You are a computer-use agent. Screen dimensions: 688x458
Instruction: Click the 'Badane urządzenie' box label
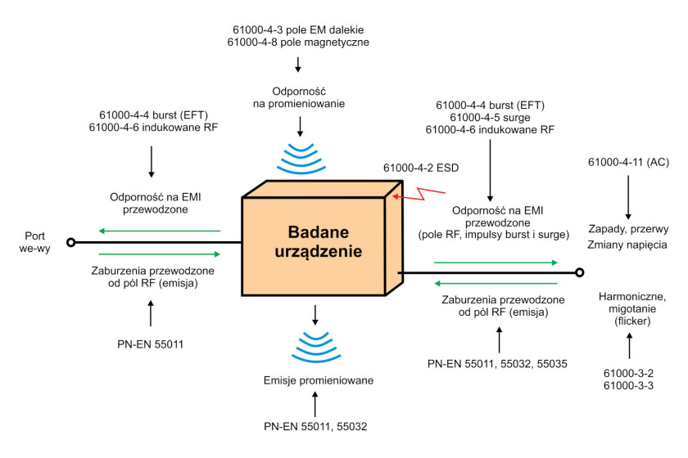click(x=318, y=241)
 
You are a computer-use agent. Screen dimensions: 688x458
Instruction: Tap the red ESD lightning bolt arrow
click(x=419, y=194)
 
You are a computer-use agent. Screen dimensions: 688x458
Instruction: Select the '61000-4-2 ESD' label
click(x=421, y=168)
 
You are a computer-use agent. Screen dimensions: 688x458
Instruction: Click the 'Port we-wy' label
click(x=34, y=242)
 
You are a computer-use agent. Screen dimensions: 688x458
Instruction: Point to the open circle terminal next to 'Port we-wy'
click(x=70, y=242)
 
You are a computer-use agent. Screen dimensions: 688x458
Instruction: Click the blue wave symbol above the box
click(x=301, y=158)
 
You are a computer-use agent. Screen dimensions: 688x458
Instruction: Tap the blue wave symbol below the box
click(x=316, y=347)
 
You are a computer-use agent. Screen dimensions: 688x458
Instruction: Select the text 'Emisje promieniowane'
click(x=319, y=380)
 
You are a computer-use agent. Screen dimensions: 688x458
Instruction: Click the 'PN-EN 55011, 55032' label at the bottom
click(x=315, y=426)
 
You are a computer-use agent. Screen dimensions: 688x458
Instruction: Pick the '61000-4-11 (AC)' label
click(x=628, y=162)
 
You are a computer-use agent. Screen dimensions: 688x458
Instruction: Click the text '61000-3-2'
click(x=628, y=374)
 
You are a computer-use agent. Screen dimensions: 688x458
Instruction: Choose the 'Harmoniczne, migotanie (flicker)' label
click(x=632, y=309)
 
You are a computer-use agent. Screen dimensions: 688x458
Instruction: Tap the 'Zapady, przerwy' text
click(x=628, y=229)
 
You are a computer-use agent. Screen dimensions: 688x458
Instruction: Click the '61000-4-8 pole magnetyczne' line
click(x=298, y=43)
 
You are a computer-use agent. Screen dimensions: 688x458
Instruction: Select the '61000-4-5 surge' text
click(x=490, y=118)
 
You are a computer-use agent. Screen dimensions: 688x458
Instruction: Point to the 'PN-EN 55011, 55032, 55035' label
click(x=497, y=364)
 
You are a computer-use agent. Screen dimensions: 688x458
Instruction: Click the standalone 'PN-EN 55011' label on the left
click(x=150, y=344)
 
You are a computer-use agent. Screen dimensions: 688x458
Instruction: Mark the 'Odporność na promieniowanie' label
click(x=299, y=98)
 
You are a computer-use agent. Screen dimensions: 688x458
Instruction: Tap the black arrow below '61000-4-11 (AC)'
click(x=628, y=197)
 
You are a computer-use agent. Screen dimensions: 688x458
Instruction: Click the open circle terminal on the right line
click(x=580, y=272)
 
